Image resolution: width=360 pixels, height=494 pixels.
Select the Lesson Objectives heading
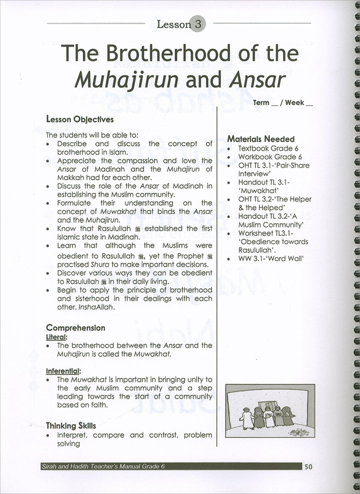pos(79,120)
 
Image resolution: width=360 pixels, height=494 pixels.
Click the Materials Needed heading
pos(260,139)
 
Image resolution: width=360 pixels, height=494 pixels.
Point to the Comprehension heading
pos(75,328)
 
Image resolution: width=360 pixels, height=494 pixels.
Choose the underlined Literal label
pos(55,337)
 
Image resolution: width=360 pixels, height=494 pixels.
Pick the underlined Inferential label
pos(63,371)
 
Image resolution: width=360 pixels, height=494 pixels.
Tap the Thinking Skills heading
pos(71,425)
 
